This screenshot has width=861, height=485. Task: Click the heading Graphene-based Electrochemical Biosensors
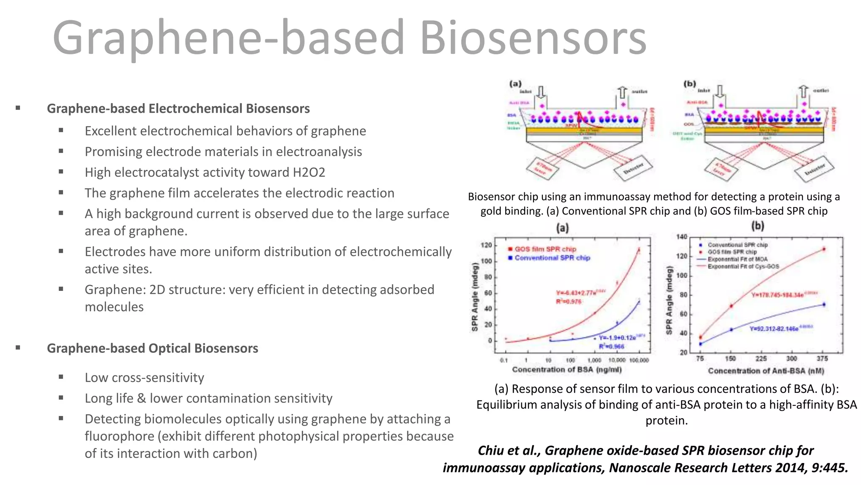point(178,109)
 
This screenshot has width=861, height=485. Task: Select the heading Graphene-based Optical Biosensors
point(152,348)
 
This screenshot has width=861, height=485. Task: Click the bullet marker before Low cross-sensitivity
point(61,377)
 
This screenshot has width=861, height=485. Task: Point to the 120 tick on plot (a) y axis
point(486,245)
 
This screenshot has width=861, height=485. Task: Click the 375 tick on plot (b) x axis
point(822,359)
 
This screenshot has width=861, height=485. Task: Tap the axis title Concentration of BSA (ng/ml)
point(566,370)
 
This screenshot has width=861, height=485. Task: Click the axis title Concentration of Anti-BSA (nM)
point(766,371)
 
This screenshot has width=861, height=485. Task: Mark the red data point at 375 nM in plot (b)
point(824,249)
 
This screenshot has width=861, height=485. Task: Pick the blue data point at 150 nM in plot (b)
point(731,330)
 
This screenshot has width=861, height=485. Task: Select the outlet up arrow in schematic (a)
point(622,92)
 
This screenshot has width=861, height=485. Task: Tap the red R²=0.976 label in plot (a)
point(568,301)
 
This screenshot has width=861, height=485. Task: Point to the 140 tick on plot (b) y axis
point(681,237)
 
